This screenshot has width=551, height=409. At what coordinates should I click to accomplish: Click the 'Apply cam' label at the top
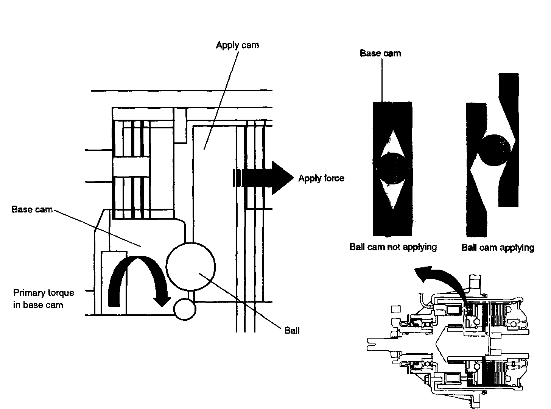coord(237,45)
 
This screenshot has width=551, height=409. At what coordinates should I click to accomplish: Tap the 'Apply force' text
coord(321,178)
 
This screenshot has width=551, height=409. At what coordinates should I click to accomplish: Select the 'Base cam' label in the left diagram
coord(32,209)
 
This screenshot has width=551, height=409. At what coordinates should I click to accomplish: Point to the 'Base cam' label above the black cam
coord(380,53)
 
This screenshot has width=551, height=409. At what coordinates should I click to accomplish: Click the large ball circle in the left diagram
coord(191,267)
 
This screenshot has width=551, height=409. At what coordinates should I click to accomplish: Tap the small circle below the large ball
coord(185,309)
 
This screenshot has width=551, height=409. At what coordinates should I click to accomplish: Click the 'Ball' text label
coord(292,331)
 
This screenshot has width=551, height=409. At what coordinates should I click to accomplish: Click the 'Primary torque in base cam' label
coord(44,298)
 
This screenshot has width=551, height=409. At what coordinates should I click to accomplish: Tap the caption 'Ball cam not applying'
coord(393,247)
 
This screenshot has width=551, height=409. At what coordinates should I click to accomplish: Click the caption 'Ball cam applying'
coord(498,248)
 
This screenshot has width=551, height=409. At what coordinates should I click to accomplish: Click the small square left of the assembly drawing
coord(396,309)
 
